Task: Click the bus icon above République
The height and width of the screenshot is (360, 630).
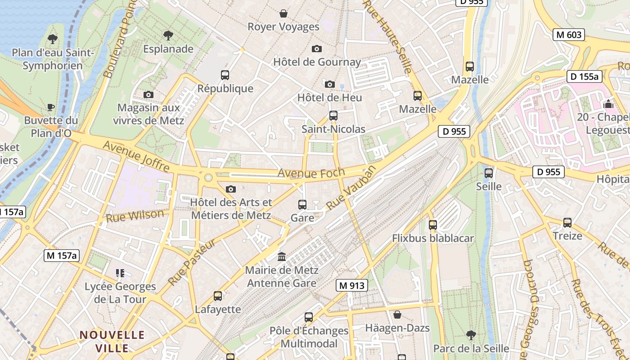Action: click(225, 75)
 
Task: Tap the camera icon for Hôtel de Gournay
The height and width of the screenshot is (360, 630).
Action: click(317, 49)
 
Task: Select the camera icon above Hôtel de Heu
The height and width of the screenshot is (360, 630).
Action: click(330, 84)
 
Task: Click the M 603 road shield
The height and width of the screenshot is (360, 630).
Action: click(569, 35)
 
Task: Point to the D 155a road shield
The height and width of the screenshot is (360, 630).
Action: click(584, 76)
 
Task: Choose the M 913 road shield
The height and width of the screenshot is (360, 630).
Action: click(351, 285)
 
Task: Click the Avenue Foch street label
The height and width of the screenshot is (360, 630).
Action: click(311, 172)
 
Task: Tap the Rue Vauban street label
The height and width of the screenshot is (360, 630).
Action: click(351, 188)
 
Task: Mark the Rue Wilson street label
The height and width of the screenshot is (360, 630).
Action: click(135, 216)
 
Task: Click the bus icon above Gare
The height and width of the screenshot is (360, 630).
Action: click(302, 205)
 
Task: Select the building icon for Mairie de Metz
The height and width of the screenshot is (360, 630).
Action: click(282, 256)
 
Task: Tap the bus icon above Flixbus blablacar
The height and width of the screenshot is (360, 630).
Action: click(433, 225)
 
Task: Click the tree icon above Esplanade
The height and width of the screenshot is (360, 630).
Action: click(168, 35)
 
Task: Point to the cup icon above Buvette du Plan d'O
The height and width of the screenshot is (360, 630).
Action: click(51, 107)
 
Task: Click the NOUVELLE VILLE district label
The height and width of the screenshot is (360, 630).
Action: click(112, 341)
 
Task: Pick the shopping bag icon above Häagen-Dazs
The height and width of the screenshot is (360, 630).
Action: click(397, 315)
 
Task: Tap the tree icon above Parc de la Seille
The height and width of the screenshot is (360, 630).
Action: click(471, 335)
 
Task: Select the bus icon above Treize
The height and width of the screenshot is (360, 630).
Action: click(567, 222)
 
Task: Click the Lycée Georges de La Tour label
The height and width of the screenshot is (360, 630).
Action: click(120, 292)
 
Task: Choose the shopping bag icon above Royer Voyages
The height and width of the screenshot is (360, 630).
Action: click(283, 13)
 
